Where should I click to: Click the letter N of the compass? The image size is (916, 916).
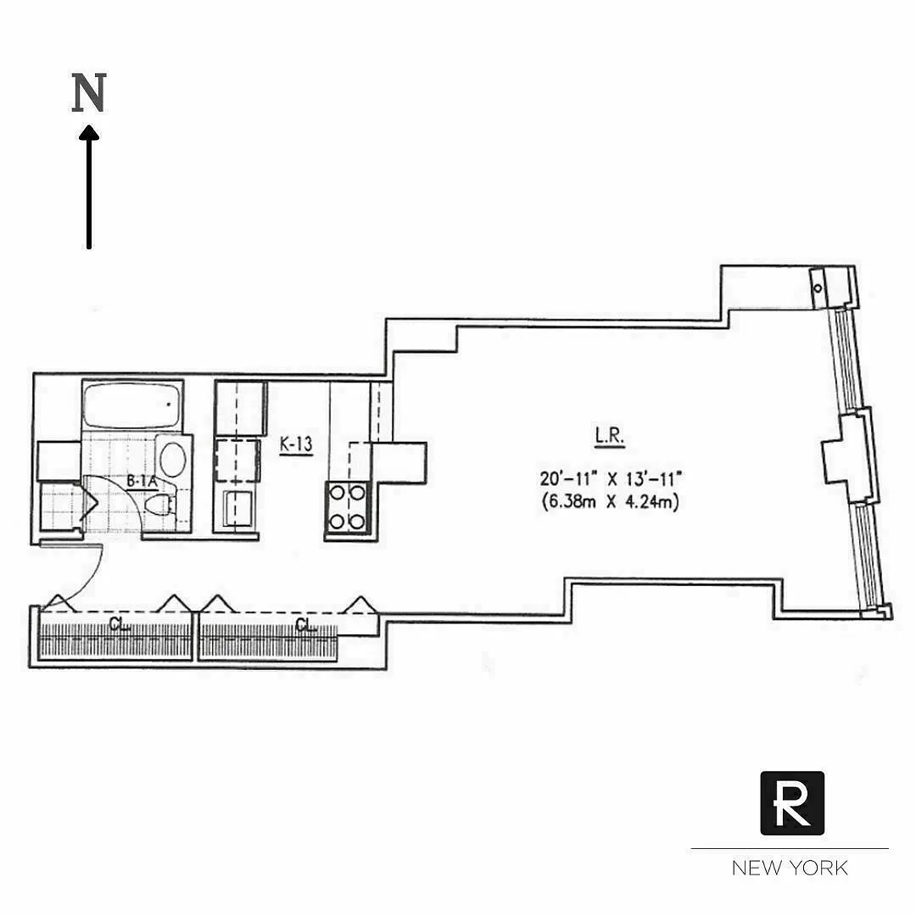tap(88, 93)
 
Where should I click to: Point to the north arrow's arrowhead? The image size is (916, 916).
tap(88, 133)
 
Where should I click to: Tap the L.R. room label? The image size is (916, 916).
tap(609, 438)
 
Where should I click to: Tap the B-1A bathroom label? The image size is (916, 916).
tap(142, 482)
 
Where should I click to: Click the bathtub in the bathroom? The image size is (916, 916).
tap(132, 405)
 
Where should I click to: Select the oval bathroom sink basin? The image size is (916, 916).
tap(174, 459)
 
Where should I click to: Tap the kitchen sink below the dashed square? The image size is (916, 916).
tap(233, 509)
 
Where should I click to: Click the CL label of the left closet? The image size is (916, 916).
tap(119, 626)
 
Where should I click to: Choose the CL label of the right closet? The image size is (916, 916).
tap(305, 626)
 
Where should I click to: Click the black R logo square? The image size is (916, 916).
tap(791, 803)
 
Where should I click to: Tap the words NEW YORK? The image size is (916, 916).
tap(790, 868)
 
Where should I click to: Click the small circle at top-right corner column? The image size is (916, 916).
tap(818, 288)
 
